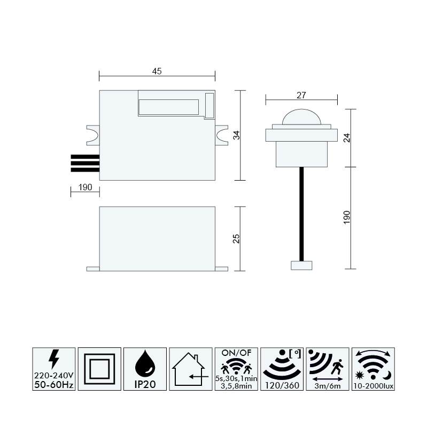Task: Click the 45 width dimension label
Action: click(x=157, y=71)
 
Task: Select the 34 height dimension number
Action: click(x=236, y=135)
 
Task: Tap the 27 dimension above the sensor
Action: click(x=301, y=95)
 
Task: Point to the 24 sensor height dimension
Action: click(x=347, y=138)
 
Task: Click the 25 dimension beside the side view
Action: click(x=236, y=238)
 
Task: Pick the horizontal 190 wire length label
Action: click(x=85, y=187)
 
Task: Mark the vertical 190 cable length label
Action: click(x=347, y=218)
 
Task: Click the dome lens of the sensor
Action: click(x=301, y=117)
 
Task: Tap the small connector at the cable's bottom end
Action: click(x=301, y=266)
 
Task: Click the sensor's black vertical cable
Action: click(x=301, y=214)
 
